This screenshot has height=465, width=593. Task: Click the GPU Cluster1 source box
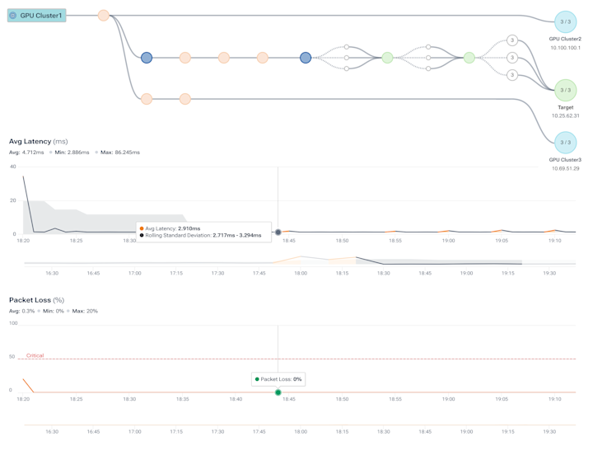pos(36,16)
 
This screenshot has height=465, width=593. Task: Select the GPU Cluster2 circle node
pos(565,21)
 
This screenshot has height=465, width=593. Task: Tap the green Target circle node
pos(565,90)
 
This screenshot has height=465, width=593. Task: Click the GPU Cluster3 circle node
pos(565,143)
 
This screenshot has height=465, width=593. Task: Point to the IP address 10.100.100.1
pos(565,48)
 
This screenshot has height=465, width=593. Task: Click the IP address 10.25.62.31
pos(565,116)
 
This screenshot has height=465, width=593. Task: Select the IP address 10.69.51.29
pos(565,168)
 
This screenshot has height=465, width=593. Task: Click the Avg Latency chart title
pos(38,142)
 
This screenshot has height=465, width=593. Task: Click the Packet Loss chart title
pos(36,300)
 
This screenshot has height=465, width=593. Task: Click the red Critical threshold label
pos(35,355)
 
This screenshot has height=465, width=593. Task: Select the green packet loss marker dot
pos(278,392)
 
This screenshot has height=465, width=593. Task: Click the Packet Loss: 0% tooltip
pos(278,379)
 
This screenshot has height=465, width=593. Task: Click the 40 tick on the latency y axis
pos(12,167)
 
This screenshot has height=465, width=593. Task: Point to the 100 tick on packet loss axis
pos(12,323)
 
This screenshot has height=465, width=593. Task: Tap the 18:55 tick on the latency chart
pos(395,241)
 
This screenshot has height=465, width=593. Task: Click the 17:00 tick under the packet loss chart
pos(135,431)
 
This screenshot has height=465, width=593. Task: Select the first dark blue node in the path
pos(147,58)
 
